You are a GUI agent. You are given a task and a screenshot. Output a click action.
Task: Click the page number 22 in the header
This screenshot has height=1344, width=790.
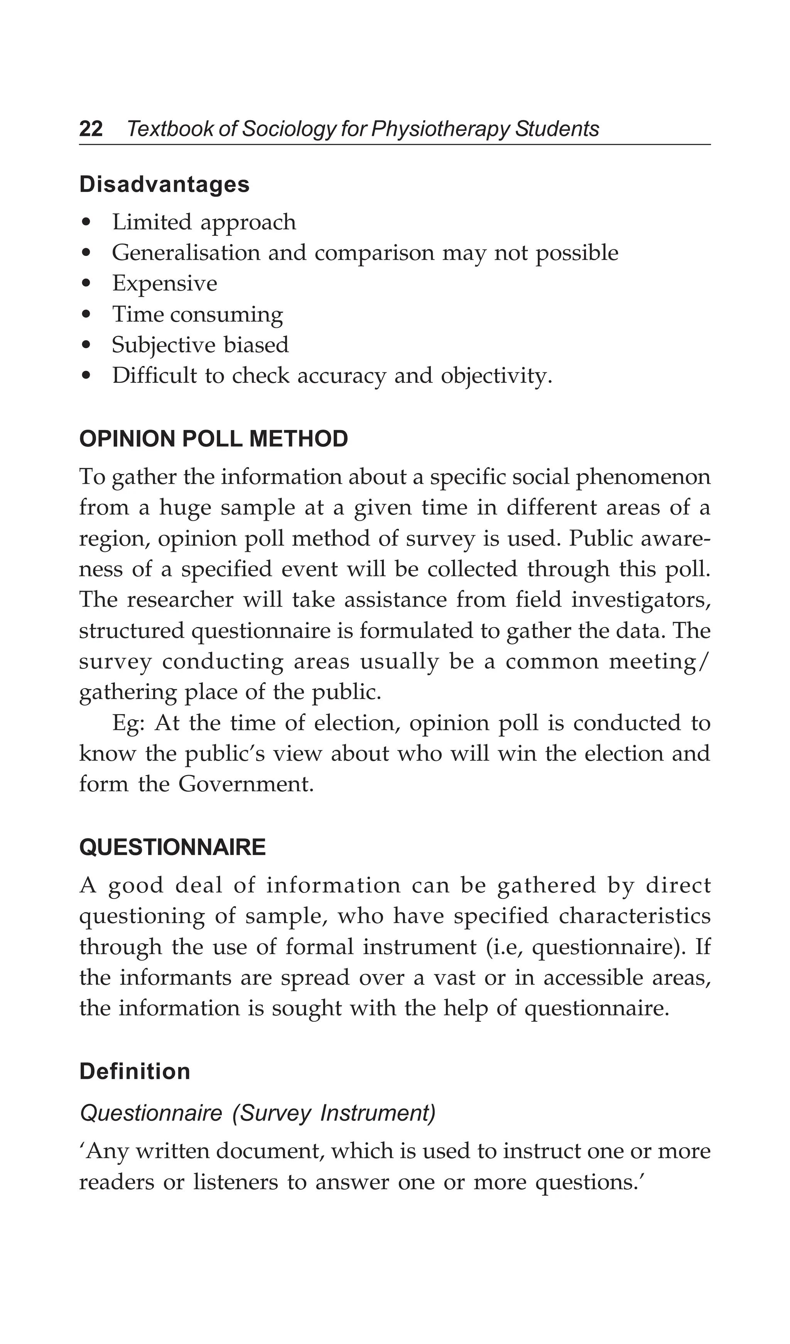91,129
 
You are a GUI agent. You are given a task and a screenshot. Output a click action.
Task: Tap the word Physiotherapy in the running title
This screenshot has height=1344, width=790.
440,129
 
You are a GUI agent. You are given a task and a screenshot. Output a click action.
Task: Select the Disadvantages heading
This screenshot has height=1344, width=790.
164,185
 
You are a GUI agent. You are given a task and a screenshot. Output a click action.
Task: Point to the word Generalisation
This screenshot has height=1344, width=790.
186,253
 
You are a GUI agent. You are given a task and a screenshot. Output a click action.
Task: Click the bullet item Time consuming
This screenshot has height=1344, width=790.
197,315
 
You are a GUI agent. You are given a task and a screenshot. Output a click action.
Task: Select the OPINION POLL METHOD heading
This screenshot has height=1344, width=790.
213,439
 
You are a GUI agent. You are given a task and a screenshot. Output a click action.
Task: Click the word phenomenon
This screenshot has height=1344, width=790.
643,477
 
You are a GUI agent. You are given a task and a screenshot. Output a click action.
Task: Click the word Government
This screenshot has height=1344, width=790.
245,785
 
